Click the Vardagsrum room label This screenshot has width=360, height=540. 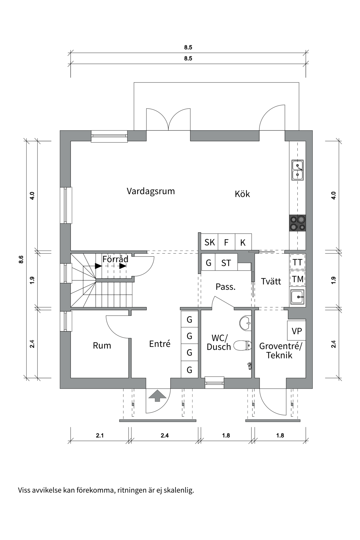coord(151,191)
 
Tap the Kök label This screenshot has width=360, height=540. coord(242,194)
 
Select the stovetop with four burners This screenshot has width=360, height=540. coord(298,223)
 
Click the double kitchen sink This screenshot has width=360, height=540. coord(298,170)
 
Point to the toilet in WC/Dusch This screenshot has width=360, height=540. coord(243,345)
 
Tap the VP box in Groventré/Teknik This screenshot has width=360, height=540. coord(296,331)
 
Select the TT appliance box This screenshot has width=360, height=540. coord(297,262)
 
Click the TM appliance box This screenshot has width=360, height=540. coord(297,279)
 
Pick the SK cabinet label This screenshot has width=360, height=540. coord(210,242)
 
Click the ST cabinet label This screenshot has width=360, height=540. coord(226,263)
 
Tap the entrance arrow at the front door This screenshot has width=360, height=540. coord(157,395)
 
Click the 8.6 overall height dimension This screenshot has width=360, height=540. coord(21,259)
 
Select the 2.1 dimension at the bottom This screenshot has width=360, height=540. coord(100,435)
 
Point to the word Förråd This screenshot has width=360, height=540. coord(115,259)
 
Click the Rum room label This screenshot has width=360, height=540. coord(102,346)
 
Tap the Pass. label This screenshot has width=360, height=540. coord(225,287)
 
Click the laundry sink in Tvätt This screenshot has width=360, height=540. coord(297,297)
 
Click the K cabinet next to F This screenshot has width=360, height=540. coord(243,242)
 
